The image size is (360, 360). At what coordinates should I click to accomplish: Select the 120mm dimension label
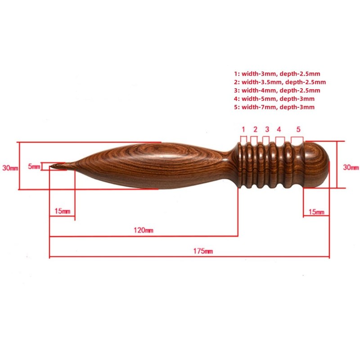[144, 230]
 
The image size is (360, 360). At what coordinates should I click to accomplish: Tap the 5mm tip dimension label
[34, 166]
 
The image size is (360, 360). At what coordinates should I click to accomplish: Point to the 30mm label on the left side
[10, 167]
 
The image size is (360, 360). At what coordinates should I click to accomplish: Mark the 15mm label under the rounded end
[317, 211]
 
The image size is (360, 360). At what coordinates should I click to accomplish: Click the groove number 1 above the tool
[243, 129]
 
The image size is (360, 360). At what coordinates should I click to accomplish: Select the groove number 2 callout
[255, 129]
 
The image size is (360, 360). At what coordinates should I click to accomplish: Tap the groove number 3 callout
[267, 129]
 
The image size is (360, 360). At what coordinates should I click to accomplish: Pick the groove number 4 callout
[279, 129]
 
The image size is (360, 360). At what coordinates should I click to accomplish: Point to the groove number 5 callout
[298, 129]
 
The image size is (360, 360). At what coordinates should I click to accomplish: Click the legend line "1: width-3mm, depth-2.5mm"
[277, 73]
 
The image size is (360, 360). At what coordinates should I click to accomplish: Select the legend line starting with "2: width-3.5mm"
[279, 82]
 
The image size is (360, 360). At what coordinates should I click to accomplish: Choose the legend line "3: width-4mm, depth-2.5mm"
[277, 90]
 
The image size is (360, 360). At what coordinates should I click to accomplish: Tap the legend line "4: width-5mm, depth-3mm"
[274, 99]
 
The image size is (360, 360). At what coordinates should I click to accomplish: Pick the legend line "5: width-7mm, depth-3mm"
[274, 107]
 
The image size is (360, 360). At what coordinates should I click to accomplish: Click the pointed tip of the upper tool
[52, 168]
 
